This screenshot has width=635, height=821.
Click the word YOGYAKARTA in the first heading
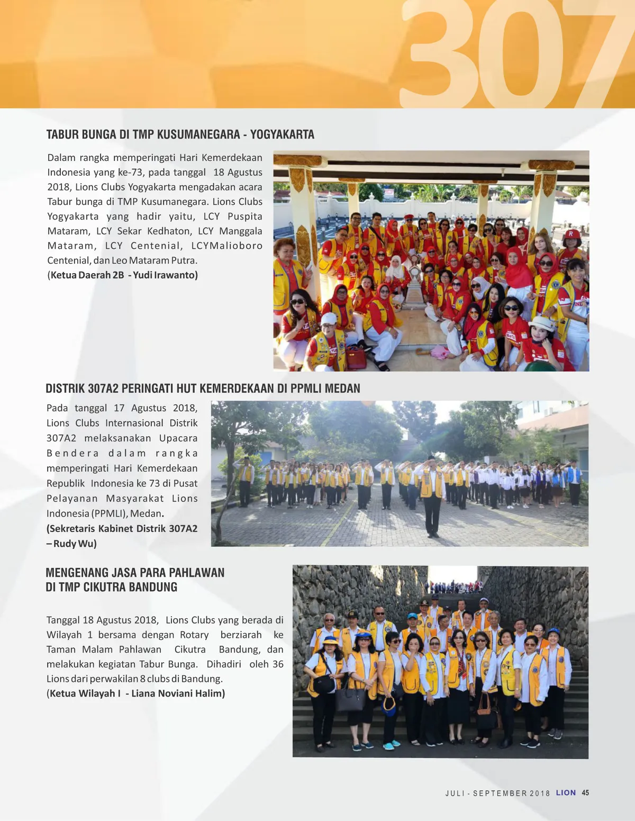(282, 134)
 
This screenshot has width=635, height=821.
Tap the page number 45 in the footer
(585, 792)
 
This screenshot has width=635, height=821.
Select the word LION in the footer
(566, 792)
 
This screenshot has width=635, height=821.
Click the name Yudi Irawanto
(165, 275)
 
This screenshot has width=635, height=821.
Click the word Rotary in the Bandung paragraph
(194, 635)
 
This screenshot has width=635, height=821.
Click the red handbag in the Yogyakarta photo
(357, 358)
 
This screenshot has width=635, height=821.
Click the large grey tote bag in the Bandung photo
(350, 698)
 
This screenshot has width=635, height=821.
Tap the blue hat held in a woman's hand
(389, 706)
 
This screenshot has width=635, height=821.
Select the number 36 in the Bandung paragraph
(277, 664)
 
